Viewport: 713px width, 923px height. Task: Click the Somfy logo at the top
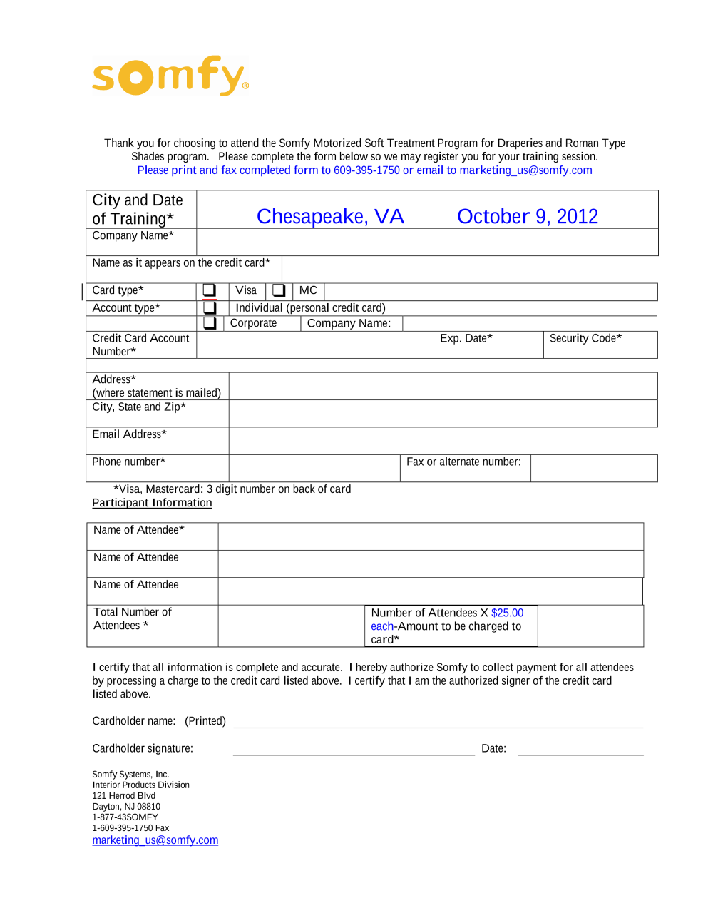(x=170, y=76)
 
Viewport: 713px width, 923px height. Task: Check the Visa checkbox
(x=210, y=290)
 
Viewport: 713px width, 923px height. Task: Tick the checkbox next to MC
(x=279, y=290)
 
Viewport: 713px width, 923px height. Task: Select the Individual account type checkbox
(x=210, y=307)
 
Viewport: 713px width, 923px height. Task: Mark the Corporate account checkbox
(x=210, y=323)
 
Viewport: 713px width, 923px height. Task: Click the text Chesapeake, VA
(x=330, y=216)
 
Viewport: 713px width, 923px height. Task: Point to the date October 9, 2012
(x=527, y=216)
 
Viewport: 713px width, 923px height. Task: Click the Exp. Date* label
(x=466, y=338)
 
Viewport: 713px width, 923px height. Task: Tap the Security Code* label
(x=585, y=338)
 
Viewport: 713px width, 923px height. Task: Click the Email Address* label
(x=129, y=434)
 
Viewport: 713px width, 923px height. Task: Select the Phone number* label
(x=128, y=462)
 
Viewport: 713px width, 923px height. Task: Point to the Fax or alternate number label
(x=463, y=462)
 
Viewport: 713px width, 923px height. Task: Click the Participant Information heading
(x=152, y=503)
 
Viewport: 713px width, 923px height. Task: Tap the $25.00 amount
(x=507, y=613)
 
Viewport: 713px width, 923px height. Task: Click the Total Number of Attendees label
(x=133, y=618)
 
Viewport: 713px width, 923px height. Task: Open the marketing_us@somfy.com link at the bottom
(x=155, y=840)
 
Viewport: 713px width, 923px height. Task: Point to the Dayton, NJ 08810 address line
(x=126, y=807)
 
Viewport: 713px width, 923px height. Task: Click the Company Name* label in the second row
(x=133, y=235)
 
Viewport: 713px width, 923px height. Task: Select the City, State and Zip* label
(x=139, y=407)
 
